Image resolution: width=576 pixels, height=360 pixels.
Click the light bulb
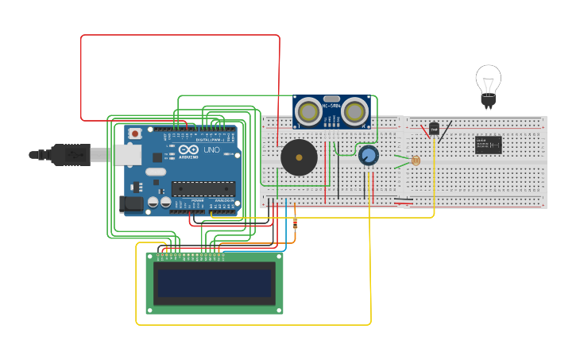coord(488,82)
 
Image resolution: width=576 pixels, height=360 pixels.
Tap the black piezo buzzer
coord(299,157)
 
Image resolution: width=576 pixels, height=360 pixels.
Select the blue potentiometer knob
coord(368,156)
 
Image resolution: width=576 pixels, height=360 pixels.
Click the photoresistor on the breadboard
coord(416,161)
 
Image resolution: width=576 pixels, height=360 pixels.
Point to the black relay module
coord(488,145)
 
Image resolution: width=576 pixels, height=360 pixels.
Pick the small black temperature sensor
coord(434,128)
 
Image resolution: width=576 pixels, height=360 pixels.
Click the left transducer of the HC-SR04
coord(307,111)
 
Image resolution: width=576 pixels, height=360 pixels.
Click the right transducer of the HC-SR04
coord(355,111)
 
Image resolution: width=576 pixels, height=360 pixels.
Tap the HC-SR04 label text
coord(331,105)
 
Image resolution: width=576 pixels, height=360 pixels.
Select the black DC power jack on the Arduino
coord(131,204)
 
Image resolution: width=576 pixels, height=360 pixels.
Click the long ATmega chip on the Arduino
coord(203,188)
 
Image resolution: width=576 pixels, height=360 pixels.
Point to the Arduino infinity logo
coord(188,150)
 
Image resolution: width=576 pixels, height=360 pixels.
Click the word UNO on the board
coord(211,150)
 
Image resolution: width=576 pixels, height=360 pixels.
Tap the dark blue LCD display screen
coord(214,283)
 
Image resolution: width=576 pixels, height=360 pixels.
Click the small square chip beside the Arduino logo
coord(158,157)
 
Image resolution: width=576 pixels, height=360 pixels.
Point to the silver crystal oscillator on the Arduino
coord(156,172)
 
